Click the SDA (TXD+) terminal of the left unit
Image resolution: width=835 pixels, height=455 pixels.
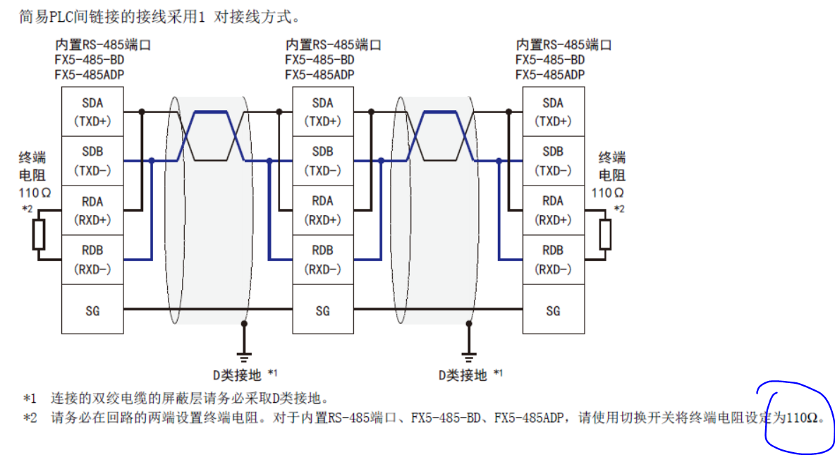[x=92, y=112]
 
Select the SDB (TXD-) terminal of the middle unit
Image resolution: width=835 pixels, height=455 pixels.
[x=322, y=162]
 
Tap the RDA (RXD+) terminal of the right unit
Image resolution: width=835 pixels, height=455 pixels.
[x=553, y=210]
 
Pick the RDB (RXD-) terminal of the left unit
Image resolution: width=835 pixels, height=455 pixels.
[x=92, y=260]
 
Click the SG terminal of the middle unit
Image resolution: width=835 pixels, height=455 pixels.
[x=322, y=310]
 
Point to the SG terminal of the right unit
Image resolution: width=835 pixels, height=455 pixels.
[x=553, y=310]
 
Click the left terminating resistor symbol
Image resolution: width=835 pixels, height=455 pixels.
[x=39, y=235]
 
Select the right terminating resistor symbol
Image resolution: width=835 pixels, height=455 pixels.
[x=605, y=235]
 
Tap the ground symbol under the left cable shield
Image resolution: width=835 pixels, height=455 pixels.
[x=244, y=354]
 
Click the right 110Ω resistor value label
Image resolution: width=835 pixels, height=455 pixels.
[x=607, y=193]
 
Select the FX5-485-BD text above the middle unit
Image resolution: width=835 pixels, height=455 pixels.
[x=319, y=60]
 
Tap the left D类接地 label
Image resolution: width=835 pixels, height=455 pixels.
[x=236, y=375]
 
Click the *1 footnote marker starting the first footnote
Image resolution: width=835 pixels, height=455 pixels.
[x=29, y=399]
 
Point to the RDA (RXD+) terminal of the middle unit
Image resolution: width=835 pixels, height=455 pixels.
[x=322, y=210]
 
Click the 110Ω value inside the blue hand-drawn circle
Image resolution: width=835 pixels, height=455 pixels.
[x=804, y=418]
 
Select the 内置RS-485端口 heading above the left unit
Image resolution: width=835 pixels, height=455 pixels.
[x=102, y=45]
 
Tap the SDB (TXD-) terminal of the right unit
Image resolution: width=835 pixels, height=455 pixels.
[x=553, y=162]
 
